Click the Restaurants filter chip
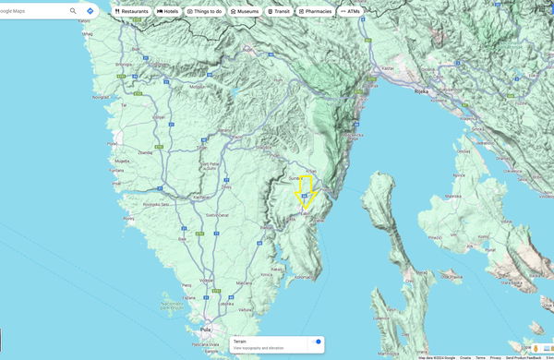(x=131, y=11)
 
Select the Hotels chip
(x=167, y=11)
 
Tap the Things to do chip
(x=204, y=11)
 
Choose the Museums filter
(x=245, y=11)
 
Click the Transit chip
(x=278, y=11)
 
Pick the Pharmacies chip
(x=315, y=11)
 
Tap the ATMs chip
(x=350, y=11)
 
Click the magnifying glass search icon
(x=73, y=11)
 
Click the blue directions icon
(x=90, y=11)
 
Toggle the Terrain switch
(x=317, y=342)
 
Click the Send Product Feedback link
(x=522, y=357)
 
